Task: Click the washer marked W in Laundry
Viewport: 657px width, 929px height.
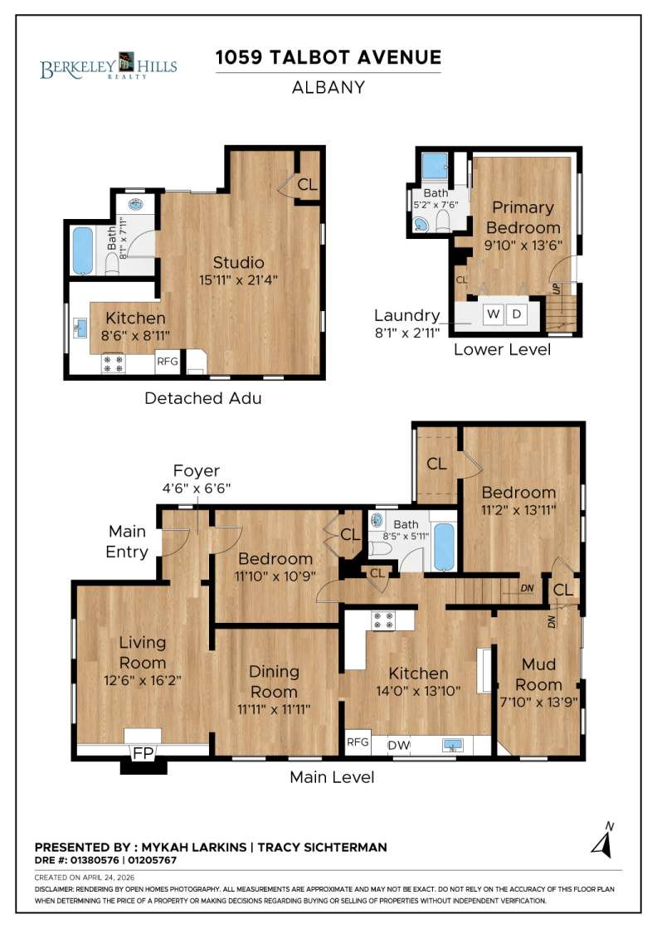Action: (492, 314)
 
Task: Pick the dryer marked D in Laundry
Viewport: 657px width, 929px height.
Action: (516, 314)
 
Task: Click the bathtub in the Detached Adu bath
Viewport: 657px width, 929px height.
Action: (83, 250)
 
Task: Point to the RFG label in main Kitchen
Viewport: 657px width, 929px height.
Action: (358, 743)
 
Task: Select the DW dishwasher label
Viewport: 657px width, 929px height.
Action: (399, 746)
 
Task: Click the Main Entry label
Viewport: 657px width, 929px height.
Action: (128, 541)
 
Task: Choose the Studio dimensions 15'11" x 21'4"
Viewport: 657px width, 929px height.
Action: (238, 280)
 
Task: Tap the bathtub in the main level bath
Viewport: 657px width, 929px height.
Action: (444, 547)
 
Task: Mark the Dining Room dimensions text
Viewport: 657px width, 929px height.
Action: (274, 708)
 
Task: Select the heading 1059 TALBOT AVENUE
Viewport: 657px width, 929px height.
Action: (328, 57)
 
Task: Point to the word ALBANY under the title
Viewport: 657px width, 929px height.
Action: (328, 87)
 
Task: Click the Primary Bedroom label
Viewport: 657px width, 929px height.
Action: (523, 217)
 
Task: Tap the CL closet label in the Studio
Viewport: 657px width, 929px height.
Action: (307, 185)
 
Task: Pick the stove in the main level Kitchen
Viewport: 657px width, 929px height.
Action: (382, 620)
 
